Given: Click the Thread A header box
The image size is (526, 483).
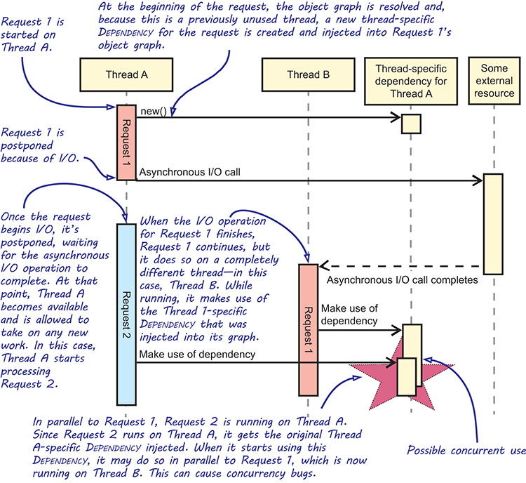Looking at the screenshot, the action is pyautogui.click(x=126, y=74).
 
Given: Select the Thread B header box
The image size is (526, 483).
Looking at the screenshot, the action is pyautogui.click(x=309, y=74).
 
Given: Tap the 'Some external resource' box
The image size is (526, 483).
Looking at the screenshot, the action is pyautogui.click(x=494, y=81).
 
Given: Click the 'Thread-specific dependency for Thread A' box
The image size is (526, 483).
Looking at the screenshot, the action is pyautogui.click(x=411, y=81).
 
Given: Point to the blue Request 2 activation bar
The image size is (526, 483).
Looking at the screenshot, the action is pyautogui.click(x=126, y=315).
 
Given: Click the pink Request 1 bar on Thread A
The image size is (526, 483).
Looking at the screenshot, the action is pyautogui.click(x=126, y=143).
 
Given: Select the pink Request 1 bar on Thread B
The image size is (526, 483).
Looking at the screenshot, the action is pyautogui.click(x=309, y=330).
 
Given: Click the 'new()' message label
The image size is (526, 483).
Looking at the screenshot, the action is pyautogui.click(x=154, y=111).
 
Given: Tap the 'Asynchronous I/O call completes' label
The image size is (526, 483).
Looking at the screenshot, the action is pyautogui.click(x=403, y=280).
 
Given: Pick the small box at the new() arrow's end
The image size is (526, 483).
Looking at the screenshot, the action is pyautogui.click(x=411, y=124).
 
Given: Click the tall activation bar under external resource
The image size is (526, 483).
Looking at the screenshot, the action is pyautogui.click(x=493, y=224).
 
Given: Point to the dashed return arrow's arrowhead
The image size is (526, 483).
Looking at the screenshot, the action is pyautogui.click(x=324, y=266).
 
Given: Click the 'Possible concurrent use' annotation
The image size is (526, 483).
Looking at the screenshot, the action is pyautogui.click(x=466, y=451).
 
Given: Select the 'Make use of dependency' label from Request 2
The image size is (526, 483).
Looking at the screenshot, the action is pyautogui.click(x=197, y=355).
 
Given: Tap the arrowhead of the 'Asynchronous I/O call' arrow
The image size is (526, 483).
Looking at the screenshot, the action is pyautogui.click(x=478, y=180).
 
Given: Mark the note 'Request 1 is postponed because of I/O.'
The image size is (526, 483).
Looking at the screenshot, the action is pyautogui.click(x=39, y=145).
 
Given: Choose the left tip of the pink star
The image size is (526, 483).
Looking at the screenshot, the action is pyautogui.click(x=350, y=365).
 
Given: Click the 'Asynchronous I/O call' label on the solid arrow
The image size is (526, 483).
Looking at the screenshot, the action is pyautogui.click(x=190, y=172).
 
